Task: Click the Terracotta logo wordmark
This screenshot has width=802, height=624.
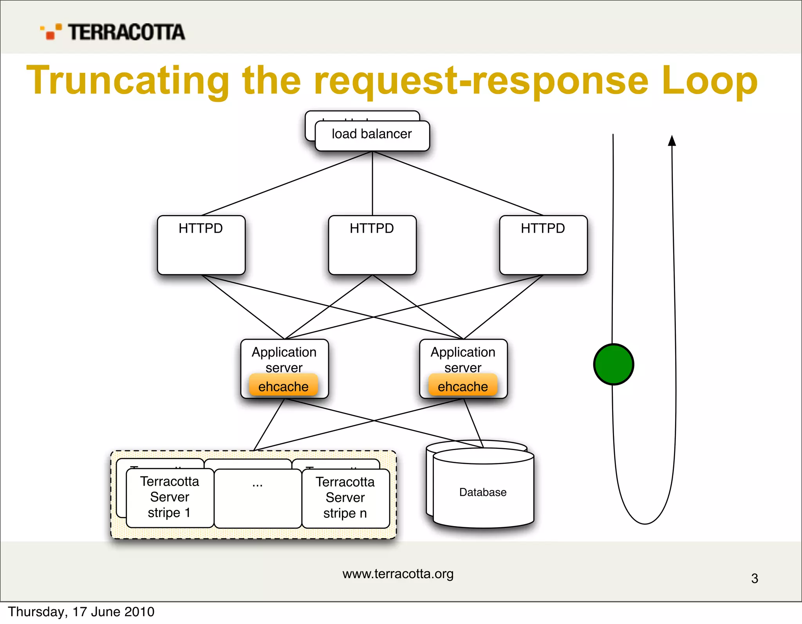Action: point(126,32)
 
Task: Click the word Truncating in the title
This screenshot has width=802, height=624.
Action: point(128,81)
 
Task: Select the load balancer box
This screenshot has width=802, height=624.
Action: point(372,135)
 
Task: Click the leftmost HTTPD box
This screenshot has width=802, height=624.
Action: point(201,245)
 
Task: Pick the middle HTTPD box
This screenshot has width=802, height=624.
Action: point(372,245)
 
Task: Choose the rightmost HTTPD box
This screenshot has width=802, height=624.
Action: point(543,245)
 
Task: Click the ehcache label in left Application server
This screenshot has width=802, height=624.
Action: point(283,386)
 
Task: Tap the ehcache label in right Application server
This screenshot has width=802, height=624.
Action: point(462,386)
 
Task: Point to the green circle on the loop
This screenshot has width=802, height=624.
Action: point(613,364)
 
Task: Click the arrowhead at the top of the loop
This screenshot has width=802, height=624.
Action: point(672,141)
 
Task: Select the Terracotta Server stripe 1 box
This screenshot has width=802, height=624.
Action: point(170,497)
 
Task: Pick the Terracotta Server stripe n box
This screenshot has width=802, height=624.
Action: point(345,498)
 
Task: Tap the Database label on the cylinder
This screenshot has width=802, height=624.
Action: point(483,492)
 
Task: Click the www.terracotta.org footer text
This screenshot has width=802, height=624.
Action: point(398,574)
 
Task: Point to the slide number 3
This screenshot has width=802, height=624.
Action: point(755,579)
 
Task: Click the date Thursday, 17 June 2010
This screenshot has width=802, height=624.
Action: point(81,612)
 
